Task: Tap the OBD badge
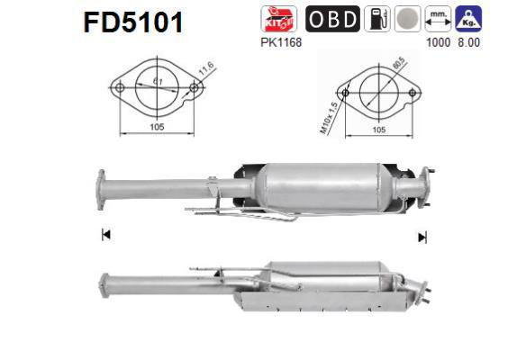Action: (x=332, y=19)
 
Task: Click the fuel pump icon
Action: (x=376, y=19)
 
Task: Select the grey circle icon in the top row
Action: (x=406, y=19)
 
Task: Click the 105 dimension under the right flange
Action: (x=378, y=130)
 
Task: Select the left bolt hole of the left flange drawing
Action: (x=117, y=89)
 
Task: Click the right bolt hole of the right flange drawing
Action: (x=413, y=91)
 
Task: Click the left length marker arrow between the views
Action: (x=105, y=235)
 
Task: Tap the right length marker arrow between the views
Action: (x=422, y=237)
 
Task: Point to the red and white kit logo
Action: (x=275, y=18)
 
